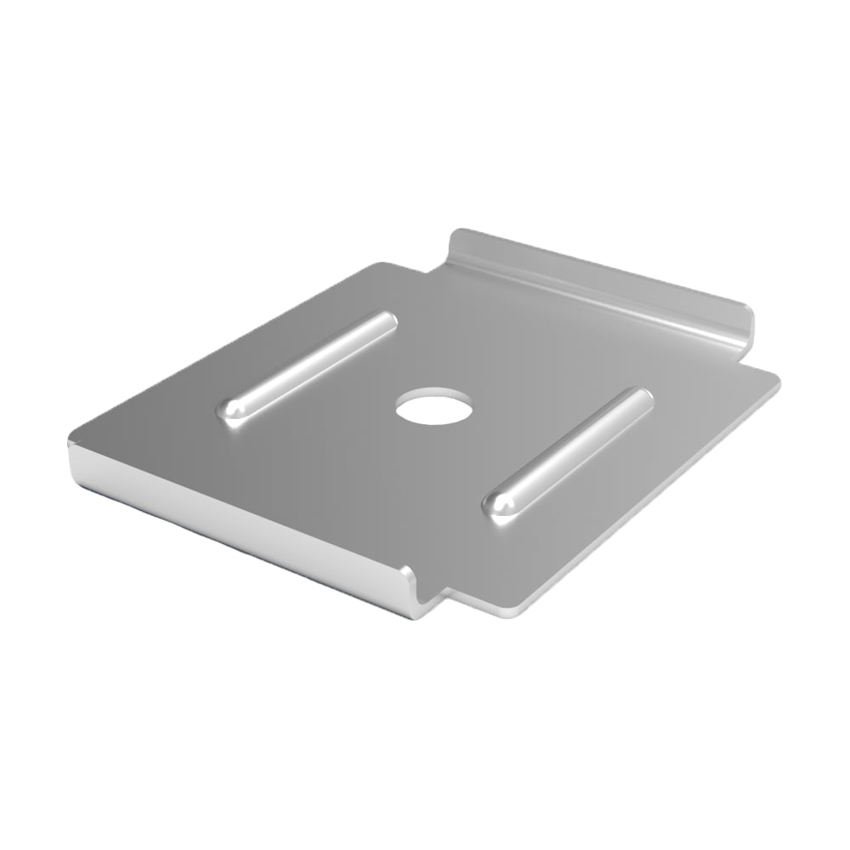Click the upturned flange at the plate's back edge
(x=595, y=280)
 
